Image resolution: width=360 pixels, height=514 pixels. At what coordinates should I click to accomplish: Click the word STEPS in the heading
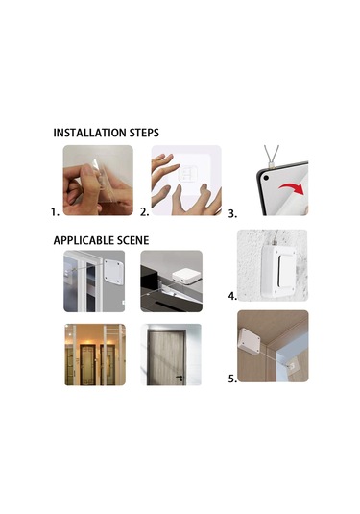144,133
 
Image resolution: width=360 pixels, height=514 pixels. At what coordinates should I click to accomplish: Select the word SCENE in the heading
134,240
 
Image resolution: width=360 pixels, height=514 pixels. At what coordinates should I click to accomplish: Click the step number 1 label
55,212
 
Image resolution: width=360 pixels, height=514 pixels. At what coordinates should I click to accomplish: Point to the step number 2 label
144,212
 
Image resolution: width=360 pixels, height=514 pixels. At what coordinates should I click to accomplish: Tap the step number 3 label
232,213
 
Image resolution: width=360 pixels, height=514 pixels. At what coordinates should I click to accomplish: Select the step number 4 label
232,296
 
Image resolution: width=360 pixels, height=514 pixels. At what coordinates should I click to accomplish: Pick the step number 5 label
232,379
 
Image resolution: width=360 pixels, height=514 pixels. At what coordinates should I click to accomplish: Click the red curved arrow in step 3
292,188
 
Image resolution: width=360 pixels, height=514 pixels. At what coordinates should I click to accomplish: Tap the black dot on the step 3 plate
266,178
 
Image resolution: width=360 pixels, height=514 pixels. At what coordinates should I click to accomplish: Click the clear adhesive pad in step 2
188,174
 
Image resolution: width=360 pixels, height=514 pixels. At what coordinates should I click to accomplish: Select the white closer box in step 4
278,272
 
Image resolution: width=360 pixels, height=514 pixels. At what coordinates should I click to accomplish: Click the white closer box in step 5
250,342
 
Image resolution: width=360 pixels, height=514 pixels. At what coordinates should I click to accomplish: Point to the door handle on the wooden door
180,378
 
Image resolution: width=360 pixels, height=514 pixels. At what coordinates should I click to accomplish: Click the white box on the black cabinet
183,277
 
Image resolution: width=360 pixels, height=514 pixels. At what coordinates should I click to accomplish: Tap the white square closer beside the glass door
113,272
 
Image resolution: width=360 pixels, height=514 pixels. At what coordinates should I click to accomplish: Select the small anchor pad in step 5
290,364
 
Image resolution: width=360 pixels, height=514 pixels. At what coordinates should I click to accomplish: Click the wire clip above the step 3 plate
272,164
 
